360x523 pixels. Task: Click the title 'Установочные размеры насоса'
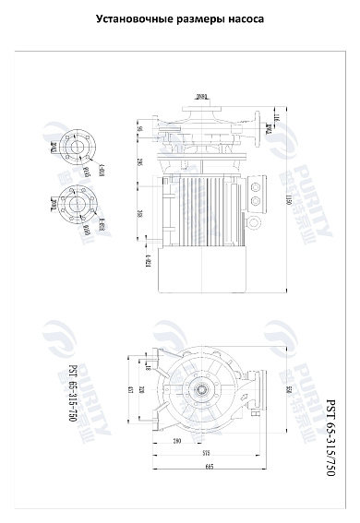point(180,18)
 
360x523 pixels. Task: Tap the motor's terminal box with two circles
point(253,197)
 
